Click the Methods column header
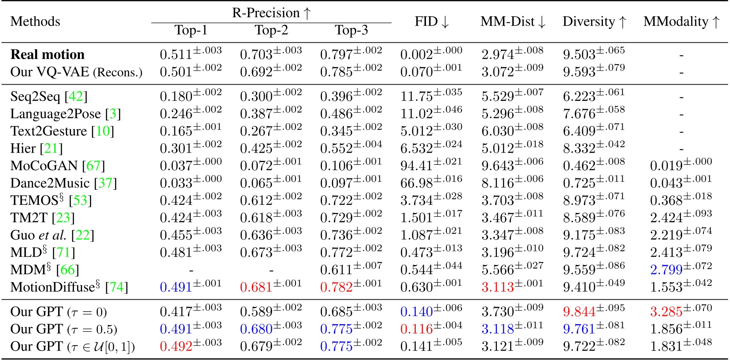[x=35, y=21]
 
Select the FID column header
[x=431, y=21]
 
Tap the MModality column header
[x=681, y=21]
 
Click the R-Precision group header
[x=271, y=13]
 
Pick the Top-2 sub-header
[x=271, y=30]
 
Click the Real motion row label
[x=47, y=55]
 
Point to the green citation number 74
[x=117, y=287]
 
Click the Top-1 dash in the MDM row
[x=191, y=270]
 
